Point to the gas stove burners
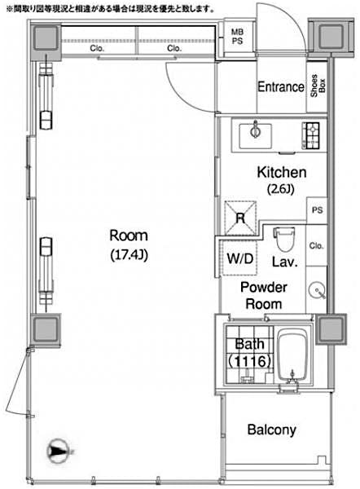(x=312, y=133)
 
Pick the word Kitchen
(x=281, y=173)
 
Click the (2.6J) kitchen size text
(x=281, y=189)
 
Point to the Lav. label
(x=283, y=262)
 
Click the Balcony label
(x=273, y=430)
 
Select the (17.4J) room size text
(x=130, y=253)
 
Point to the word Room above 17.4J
(x=130, y=236)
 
